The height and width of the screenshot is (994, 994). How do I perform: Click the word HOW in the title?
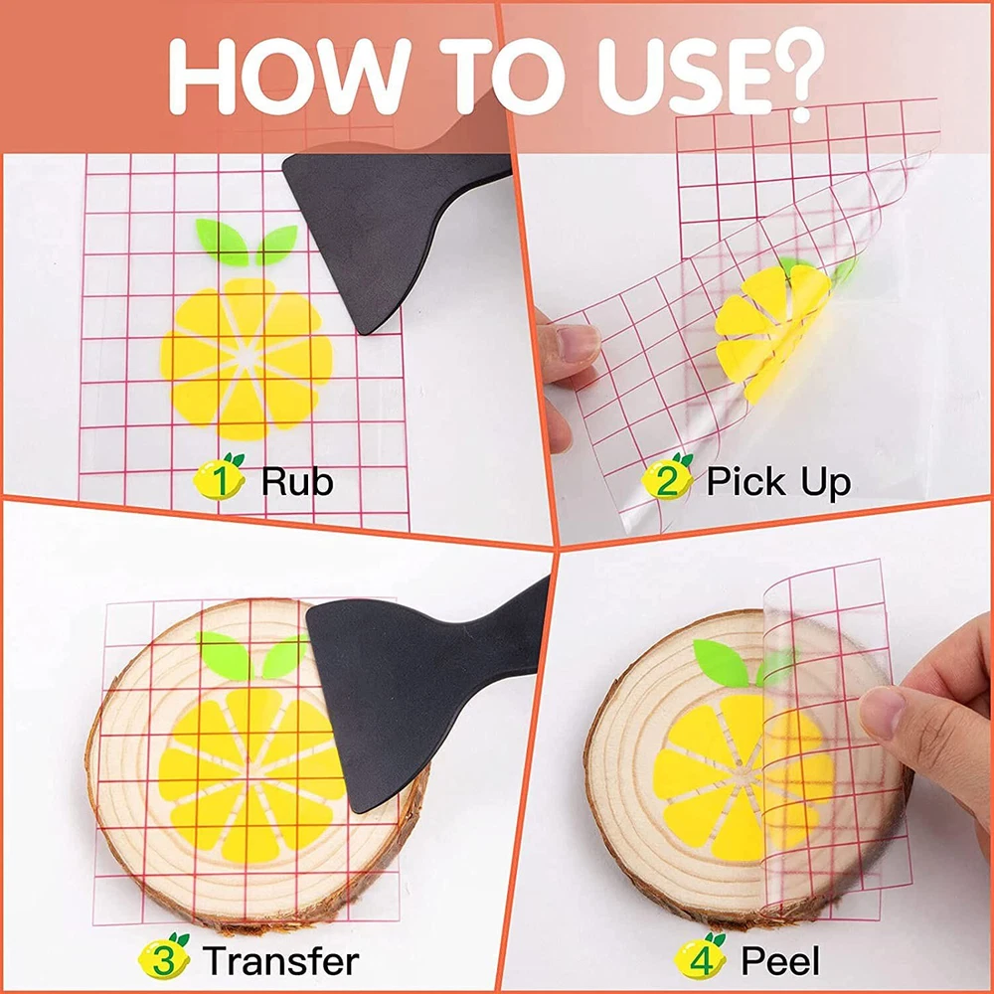(x=289, y=77)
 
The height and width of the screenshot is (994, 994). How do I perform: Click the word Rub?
(x=296, y=481)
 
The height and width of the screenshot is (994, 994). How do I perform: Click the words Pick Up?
(x=778, y=482)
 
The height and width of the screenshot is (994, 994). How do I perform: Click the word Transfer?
(x=281, y=960)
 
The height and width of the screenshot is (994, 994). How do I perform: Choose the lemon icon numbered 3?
(x=164, y=957)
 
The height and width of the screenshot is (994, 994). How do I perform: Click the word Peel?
(x=779, y=960)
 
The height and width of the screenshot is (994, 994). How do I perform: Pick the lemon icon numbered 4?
(x=700, y=957)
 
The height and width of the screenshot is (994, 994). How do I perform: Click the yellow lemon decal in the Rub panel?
(x=246, y=359)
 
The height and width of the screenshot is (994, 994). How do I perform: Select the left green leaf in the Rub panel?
(x=222, y=242)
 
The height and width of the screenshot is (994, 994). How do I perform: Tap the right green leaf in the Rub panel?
(x=276, y=245)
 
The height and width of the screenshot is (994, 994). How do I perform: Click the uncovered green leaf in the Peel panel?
(x=721, y=663)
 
